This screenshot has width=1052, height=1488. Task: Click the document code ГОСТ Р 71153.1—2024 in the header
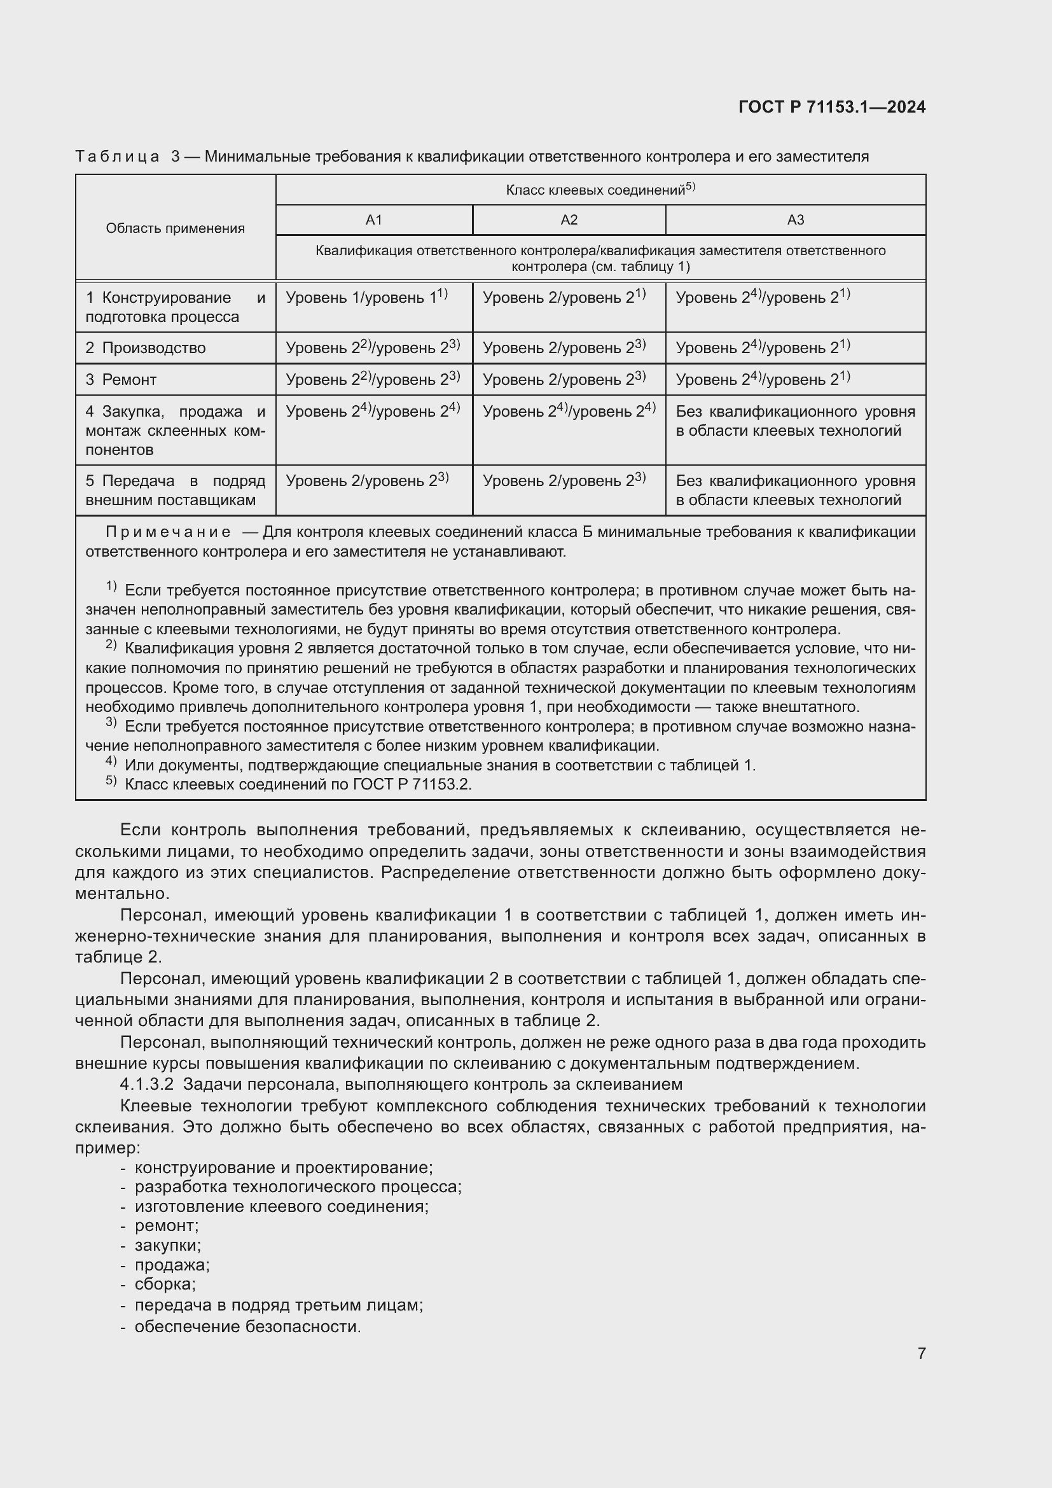click(832, 107)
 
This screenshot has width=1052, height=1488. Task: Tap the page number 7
click(921, 1353)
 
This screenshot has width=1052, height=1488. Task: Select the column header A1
click(374, 220)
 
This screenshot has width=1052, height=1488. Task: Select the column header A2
click(569, 220)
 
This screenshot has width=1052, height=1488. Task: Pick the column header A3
click(795, 220)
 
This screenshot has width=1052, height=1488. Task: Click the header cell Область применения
click(175, 228)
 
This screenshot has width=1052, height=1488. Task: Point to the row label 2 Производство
click(146, 348)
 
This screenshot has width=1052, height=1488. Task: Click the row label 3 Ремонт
click(121, 380)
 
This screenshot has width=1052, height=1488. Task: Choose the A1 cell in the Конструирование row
click(366, 298)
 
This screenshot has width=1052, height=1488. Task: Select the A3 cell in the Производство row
click(763, 348)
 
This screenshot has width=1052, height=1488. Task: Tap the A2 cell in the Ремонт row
click(564, 380)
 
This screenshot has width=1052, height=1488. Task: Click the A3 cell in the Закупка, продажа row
click(795, 421)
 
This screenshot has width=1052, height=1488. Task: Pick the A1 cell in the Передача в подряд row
click(366, 481)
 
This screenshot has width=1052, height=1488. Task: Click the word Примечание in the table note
click(168, 532)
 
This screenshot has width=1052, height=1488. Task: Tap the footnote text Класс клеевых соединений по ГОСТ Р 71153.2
click(298, 785)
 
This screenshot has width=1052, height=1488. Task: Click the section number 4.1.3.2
click(146, 1084)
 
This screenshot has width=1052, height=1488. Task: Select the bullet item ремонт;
click(167, 1225)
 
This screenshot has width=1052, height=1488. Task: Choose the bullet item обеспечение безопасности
click(247, 1326)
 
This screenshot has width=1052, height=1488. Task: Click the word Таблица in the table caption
click(117, 157)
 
